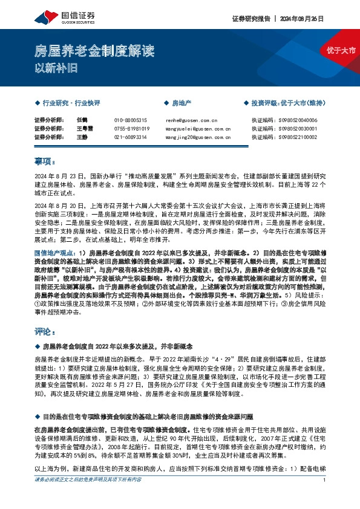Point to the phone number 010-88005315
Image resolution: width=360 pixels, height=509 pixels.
point(131,120)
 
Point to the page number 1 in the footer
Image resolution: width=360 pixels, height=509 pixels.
point(326,497)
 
